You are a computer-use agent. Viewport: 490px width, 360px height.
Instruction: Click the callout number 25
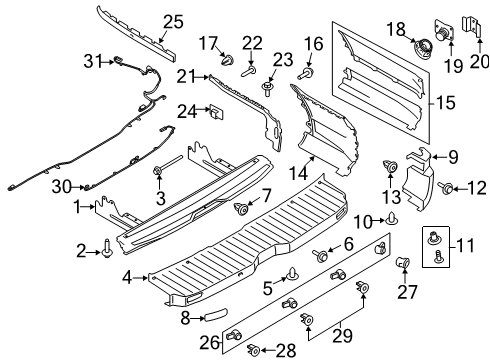[174, 21]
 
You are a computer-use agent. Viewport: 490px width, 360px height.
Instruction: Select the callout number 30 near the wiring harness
[62, 186]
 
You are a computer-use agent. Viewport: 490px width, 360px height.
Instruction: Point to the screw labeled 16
[307, 72]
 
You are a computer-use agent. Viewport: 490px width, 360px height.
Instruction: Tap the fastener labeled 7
[241, 209]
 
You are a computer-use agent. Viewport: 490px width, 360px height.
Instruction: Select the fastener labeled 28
[257, 349]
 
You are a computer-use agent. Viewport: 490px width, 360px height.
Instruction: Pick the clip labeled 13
[390, 167]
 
